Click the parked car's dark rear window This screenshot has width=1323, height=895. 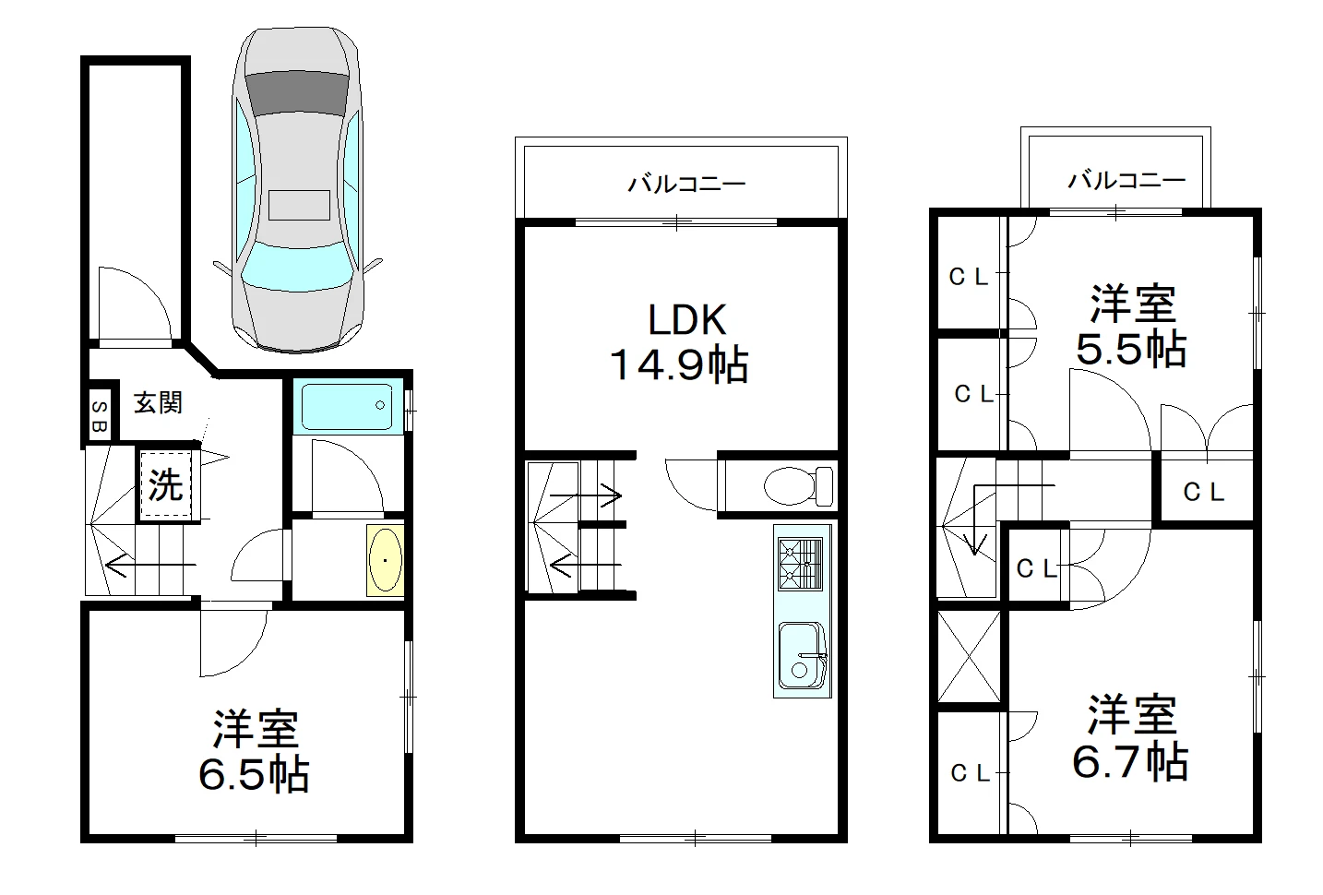pos(297,92)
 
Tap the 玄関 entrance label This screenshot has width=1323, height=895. pos(158,403)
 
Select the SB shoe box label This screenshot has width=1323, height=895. pos(100,416)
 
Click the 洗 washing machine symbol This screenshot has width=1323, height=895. pos(165,485)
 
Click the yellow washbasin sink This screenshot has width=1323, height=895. pos(385,559)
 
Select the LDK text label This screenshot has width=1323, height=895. pos(687,319)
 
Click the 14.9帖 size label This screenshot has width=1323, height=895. pos(679,364)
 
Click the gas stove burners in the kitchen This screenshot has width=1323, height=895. pos(800,564)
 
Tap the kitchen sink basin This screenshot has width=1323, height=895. pos(801,656)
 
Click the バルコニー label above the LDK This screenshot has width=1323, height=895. pos(686,184)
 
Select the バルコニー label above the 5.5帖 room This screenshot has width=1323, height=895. pos(1126,180)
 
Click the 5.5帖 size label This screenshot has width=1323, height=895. pos(1131,349)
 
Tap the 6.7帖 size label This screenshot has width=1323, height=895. pos(1130,761)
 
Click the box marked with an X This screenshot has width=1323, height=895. pos(969,656)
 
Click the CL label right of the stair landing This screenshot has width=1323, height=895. pos(1203,492)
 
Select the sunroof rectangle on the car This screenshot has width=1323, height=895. pos(299,205)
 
